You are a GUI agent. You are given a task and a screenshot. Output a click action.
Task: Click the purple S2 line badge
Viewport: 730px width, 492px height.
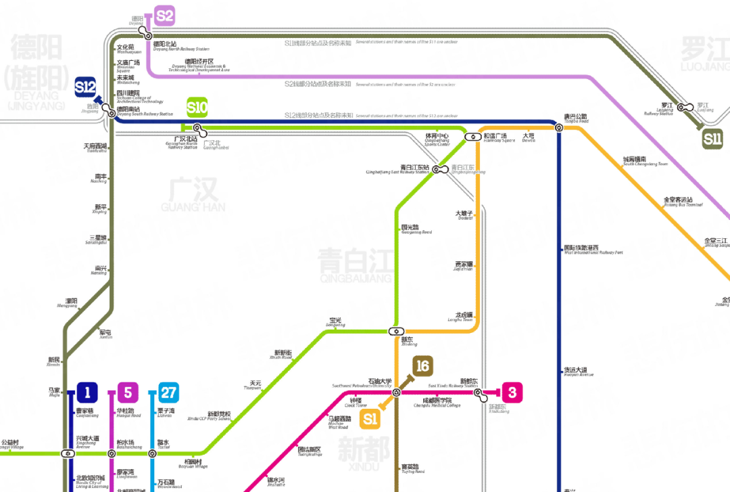coord(164,16)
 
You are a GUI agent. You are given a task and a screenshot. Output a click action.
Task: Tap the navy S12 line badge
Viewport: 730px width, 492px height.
coord(86,87)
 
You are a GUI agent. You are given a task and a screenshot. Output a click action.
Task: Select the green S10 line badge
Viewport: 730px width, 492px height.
coord(197,107)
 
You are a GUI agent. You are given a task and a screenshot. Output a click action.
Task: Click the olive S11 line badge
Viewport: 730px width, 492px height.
coord(712,139)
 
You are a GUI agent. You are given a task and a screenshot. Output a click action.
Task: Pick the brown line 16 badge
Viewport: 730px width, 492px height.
coord(422,366)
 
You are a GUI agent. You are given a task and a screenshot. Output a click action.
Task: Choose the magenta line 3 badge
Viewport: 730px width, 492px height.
coord(512,392)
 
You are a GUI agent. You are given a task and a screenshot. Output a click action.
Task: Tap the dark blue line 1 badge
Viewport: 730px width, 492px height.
coord(87,392)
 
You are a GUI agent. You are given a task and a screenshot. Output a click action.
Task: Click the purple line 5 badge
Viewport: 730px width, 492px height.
coord(128,392)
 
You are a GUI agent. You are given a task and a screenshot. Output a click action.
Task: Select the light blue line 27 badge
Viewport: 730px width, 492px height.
coord(168,392)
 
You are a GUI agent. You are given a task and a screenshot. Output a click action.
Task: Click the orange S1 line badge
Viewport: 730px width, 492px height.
coord(370,419)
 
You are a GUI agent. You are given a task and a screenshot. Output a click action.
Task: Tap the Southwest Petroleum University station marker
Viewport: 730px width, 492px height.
coord(396,392)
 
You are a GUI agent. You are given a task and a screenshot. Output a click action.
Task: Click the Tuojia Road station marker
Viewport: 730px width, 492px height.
coord(559,127)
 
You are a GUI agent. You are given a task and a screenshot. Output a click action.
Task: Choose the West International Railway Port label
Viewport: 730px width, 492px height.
coord(593,250)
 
